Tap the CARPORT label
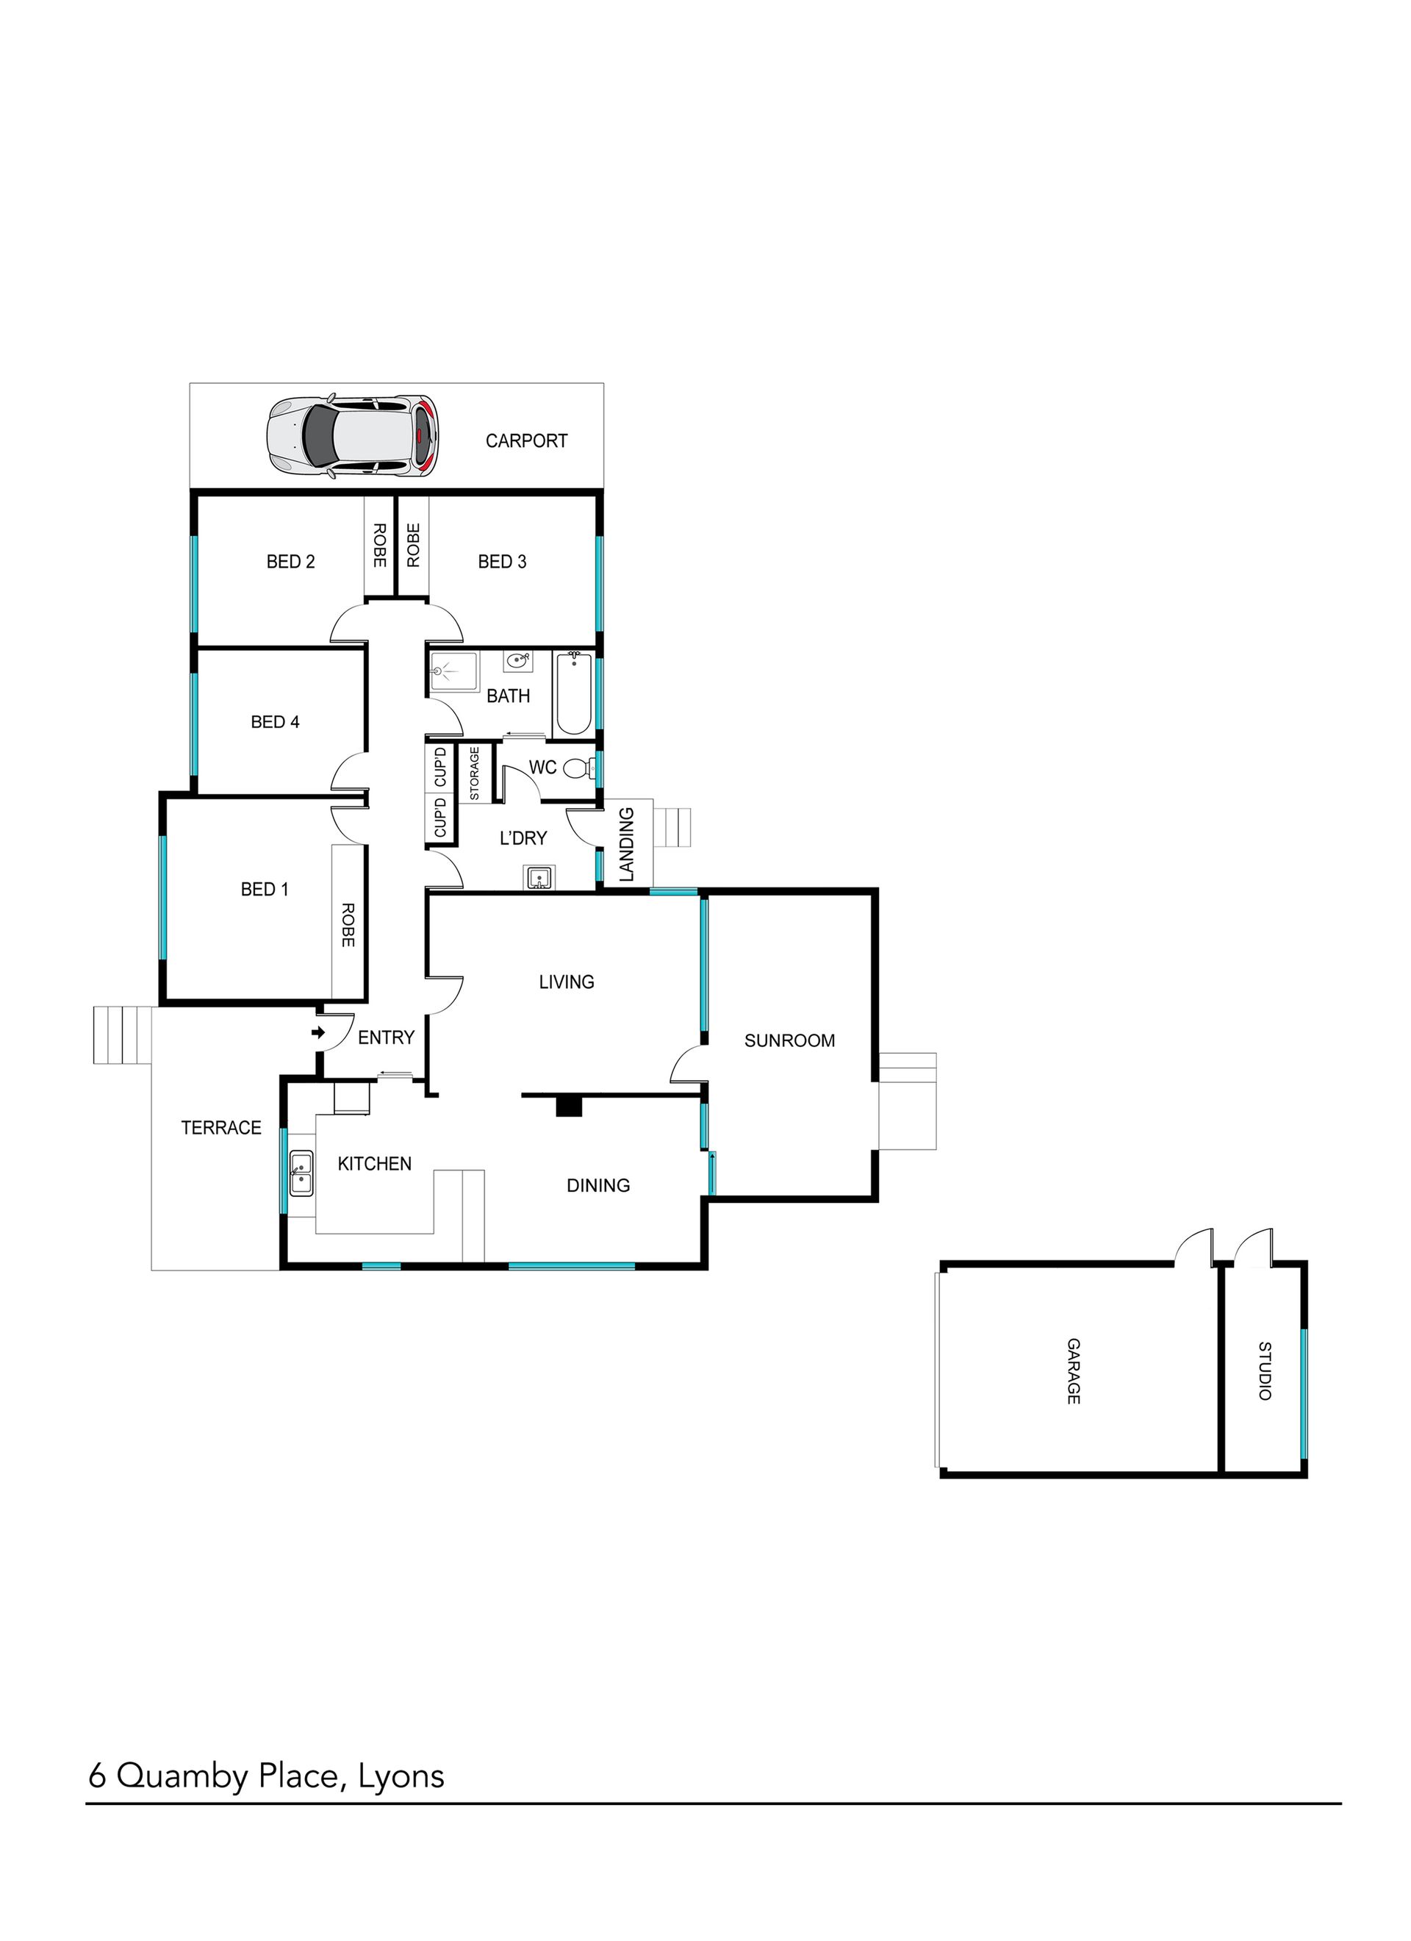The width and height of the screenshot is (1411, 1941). (526, 440)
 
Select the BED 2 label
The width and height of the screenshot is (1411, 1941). (291, 562)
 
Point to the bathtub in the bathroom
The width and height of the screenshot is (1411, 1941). (573, 693)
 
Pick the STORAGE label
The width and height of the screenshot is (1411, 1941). (474, 773)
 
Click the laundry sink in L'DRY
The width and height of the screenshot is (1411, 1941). (539, 877)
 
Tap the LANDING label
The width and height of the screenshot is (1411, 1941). (626, 844)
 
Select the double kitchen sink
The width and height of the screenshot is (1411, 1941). (301, 1173)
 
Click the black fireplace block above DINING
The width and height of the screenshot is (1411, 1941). (569, 1107)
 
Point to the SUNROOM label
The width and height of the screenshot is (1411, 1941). (789, 1040)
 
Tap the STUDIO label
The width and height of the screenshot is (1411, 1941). (1264, 1371)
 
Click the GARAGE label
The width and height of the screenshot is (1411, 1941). (1073, 1372)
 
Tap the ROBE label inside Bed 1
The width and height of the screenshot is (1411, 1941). (348, 924)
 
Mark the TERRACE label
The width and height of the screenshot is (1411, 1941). (220, 1128)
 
